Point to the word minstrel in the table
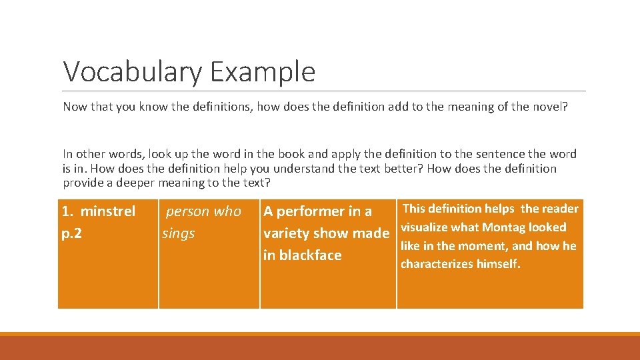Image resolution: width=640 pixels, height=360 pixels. click(x=107, y=211)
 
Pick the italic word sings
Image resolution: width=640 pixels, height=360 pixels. click(x=179, y=233)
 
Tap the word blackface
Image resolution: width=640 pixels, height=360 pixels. click(x=311, y=255)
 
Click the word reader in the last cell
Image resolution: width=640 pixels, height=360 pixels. click(x=559, y=209)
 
